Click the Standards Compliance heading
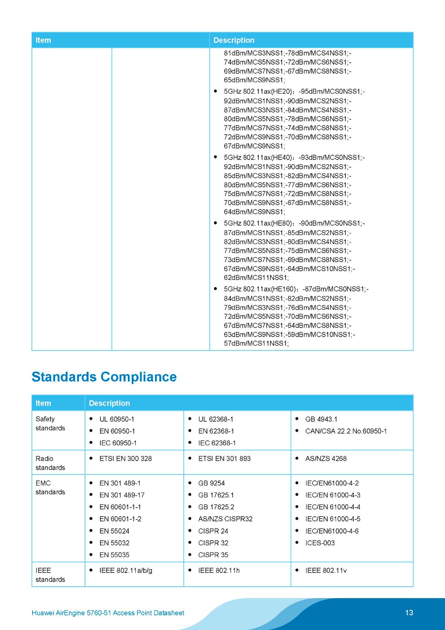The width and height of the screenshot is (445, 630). (x=104, y=377)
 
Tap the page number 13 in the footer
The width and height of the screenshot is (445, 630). (x=409, y=612)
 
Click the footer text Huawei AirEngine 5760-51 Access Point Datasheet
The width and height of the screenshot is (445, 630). (x=108, y=613)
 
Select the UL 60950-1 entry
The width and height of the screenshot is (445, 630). (x=116, y=419)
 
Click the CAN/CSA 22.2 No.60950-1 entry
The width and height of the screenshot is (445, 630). (x=346, y=431)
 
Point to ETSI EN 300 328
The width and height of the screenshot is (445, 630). (x=125, y=458)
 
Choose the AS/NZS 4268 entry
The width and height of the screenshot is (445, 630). (x=326, y=458)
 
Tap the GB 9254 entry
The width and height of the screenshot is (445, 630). (x=211, y=483)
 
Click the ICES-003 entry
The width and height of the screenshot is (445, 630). (x=320, y=543)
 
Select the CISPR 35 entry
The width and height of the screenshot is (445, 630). (x=213, y=554)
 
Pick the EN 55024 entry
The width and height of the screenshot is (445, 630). (x=114, y=531)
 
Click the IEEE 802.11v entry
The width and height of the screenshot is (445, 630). (x=326, y=570)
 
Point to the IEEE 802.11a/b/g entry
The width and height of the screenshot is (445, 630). (x=126, y=570)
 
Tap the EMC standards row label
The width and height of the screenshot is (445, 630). (x=50, y=487)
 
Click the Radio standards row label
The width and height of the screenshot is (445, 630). (x=50, y=463)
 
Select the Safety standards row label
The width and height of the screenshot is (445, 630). (x=50, y=423)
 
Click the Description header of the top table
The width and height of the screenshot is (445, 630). (x=234, y=40)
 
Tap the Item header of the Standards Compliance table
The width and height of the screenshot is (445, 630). (x=43, y=403)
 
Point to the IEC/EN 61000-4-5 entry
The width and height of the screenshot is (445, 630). (x=332, y=519)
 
